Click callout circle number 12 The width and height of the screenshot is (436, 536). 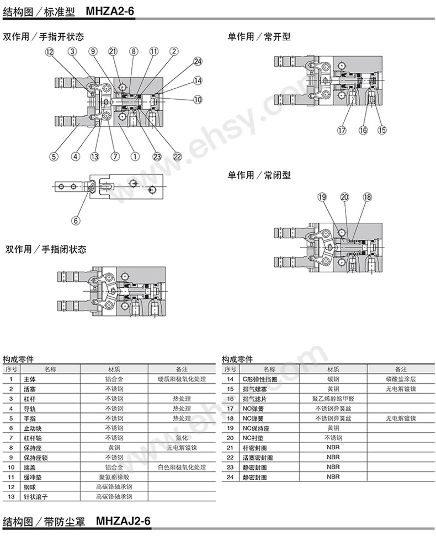pos(50,52)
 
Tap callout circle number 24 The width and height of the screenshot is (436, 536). pos(198,62)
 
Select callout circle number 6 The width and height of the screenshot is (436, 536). pos(76,221)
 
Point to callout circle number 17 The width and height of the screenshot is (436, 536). pos(342,130)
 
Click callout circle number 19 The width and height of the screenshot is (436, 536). pos(322,197)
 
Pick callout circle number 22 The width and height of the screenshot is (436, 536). pos(177,157)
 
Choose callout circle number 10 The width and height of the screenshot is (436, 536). pos(198,99)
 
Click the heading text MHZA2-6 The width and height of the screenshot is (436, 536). pos(110,11)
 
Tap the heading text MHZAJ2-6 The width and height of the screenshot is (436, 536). pos(123,521)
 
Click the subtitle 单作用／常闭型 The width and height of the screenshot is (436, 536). pos(259,175)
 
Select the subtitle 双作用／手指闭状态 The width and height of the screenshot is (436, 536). pos(46,249)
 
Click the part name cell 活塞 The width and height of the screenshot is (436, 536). pos(30,389)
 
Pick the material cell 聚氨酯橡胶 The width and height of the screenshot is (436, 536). pos(114,477)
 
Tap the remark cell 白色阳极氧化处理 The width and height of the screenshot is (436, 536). pos(182,467)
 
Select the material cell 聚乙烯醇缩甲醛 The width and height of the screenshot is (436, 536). pos(333,399)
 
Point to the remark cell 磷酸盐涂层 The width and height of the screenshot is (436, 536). pos(401,379)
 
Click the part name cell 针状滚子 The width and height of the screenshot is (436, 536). pos(35,497)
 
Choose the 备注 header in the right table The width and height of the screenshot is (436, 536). pos(401,369)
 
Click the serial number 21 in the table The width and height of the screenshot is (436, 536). pos(230,448)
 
